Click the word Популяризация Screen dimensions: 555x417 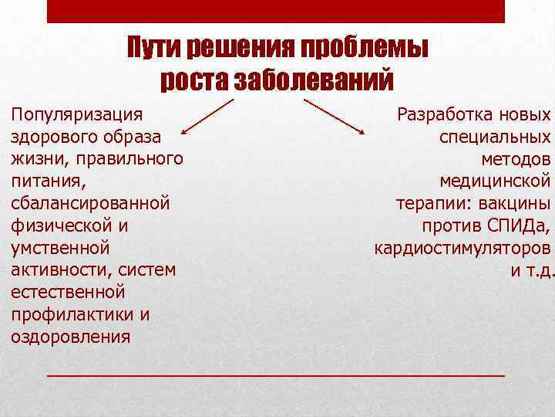point(76,115)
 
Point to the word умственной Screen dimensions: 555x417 point(60,249)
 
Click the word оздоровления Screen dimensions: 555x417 point(71,337)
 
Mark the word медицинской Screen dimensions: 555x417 point(495,182)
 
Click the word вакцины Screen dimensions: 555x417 point(516,205)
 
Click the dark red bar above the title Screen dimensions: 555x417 point(276,11)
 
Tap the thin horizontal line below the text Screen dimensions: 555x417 point(276,375)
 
